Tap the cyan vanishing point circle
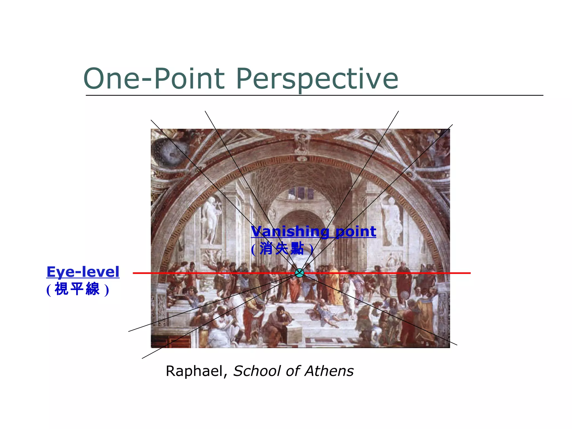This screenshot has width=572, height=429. coord(299,273)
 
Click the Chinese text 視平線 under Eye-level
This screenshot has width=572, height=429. coord(77,289)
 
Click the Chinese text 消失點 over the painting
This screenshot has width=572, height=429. coord(282,248)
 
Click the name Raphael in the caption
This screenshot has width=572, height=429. coord(195,371)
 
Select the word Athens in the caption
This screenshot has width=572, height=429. coord(329,371)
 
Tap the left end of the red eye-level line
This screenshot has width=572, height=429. coord(134,273)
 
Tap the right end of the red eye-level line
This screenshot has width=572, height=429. coord(469,273)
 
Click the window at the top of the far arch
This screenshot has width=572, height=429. coord(301,193)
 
